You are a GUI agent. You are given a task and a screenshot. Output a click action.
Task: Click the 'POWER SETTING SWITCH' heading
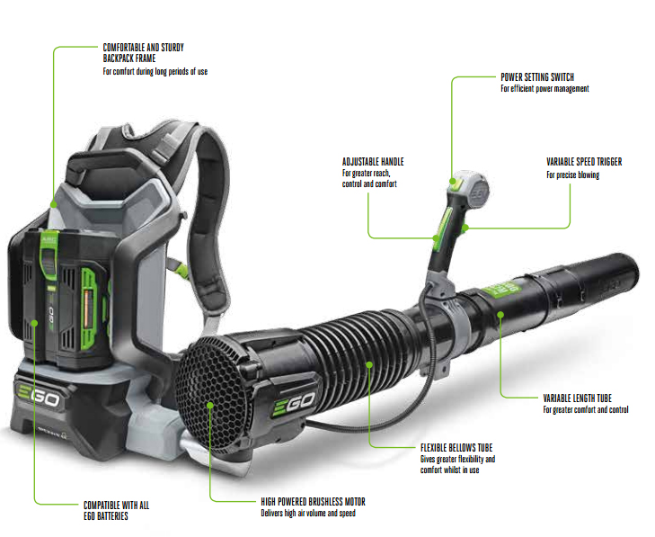pyautogui.click(x=537, y=77)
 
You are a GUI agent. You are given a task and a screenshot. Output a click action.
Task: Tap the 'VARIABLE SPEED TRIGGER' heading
pyautogui.click(x=584, y=162)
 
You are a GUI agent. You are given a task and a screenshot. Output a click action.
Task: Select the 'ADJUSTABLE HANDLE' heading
pyautogui.click(x=373, y=162)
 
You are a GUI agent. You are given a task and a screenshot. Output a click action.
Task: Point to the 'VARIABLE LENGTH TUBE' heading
pyautogui.click(x=577, y=398)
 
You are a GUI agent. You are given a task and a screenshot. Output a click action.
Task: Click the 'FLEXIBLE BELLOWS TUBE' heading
pyautogui.click(x=456, y=448)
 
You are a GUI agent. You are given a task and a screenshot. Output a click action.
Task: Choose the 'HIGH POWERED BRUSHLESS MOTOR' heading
pyautogui.click(x=313, y=501)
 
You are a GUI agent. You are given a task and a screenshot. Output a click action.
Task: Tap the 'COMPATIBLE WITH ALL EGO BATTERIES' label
pyautogui.click(x=116, y=511)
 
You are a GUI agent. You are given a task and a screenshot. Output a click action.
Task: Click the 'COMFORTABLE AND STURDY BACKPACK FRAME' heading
pyautogui.click(x=143, y=53)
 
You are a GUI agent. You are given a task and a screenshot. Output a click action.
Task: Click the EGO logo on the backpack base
pyautogui.click(x=39, y=395)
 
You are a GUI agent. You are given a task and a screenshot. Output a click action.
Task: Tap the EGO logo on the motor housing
pyautogui.click(x=294, y=404)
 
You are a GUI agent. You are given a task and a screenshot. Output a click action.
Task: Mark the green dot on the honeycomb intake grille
pyautogui.click(x=210, y=405)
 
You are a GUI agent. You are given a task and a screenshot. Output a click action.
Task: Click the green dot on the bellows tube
pyautogui.click(x=369, y=364)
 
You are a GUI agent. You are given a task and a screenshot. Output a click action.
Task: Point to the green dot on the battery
pyautogui.click(x=35, y=323)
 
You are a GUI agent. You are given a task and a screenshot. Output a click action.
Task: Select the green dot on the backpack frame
pyautogui.click(x=54, y=204)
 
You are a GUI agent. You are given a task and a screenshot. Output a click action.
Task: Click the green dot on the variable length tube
pyautogui.click(x=500, y=314)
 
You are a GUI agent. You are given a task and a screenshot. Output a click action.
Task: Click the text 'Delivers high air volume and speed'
pyautogui.click(x=308, y=513)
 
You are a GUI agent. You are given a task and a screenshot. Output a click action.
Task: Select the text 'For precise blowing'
pyautogui.click(x=572, y=175)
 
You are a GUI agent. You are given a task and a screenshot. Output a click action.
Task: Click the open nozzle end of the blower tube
pyautogui.click(x=630, y=274)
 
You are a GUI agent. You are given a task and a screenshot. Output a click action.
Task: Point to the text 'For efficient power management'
pyautogui.click(x=544, y=89)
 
